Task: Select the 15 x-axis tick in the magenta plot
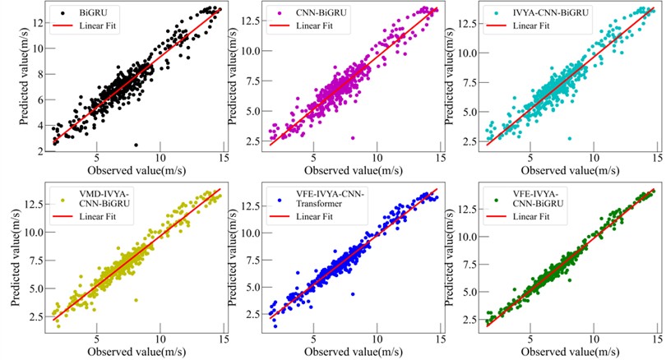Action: pyautogui.click(x=442, y=158)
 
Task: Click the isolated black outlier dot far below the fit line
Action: pyautogui.click(x=136, y=145)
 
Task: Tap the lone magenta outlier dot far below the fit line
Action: pyautogui.click(x=353, y=138)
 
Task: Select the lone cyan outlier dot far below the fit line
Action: pyautogui.click(x=569, y=139)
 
